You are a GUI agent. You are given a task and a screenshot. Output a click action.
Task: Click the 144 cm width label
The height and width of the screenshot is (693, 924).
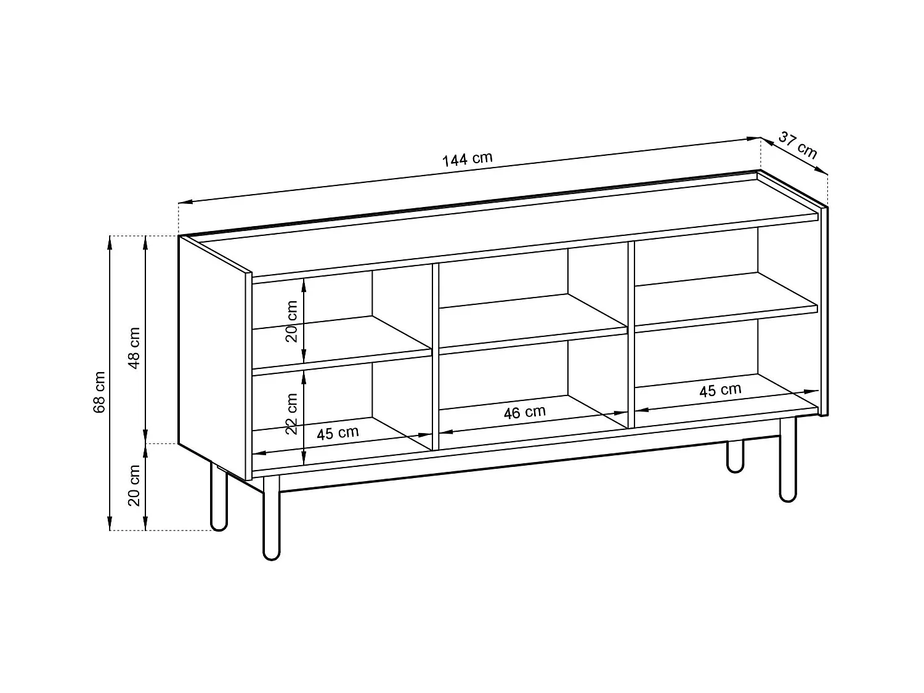(x=468, y=159)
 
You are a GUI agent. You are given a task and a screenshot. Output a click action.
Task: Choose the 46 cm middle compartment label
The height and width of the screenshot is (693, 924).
(x=524, y=412)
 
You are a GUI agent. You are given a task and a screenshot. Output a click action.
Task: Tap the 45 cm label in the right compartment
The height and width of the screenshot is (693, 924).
(x=720, y=390)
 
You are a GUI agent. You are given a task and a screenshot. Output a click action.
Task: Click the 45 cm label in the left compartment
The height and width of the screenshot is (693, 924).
(x=338, y=433)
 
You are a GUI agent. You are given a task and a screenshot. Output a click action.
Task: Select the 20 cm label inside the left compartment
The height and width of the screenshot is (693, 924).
(x=292, y=321)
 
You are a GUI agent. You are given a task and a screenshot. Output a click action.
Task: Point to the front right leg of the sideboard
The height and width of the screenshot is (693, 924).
(x=788, y=462)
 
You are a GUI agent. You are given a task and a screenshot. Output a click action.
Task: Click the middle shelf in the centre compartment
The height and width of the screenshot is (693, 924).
(x=533, y=323)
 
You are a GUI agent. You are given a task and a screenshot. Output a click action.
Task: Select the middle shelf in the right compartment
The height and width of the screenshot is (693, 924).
(x=727, y=299)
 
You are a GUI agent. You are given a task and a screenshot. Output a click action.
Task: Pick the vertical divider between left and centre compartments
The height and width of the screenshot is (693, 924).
(x=435, y=357)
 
